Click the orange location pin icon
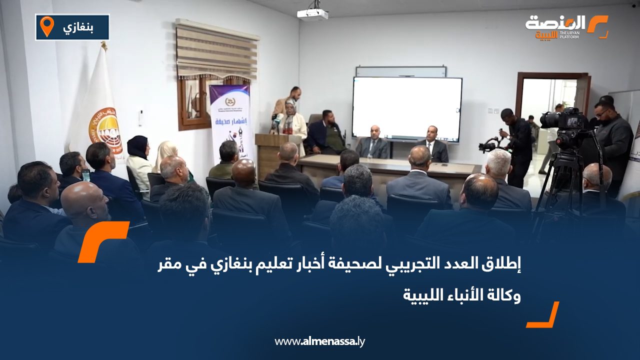pyautogui.click(x=46, y=26)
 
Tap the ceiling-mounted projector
pyautogui.click(x=312, y=13)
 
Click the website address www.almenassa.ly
pyautogui.click(x=320, y=341)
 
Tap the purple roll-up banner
pyautogui.click(x=230, y=120)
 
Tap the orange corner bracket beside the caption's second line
pyautogui.click(x=543, y=315)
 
